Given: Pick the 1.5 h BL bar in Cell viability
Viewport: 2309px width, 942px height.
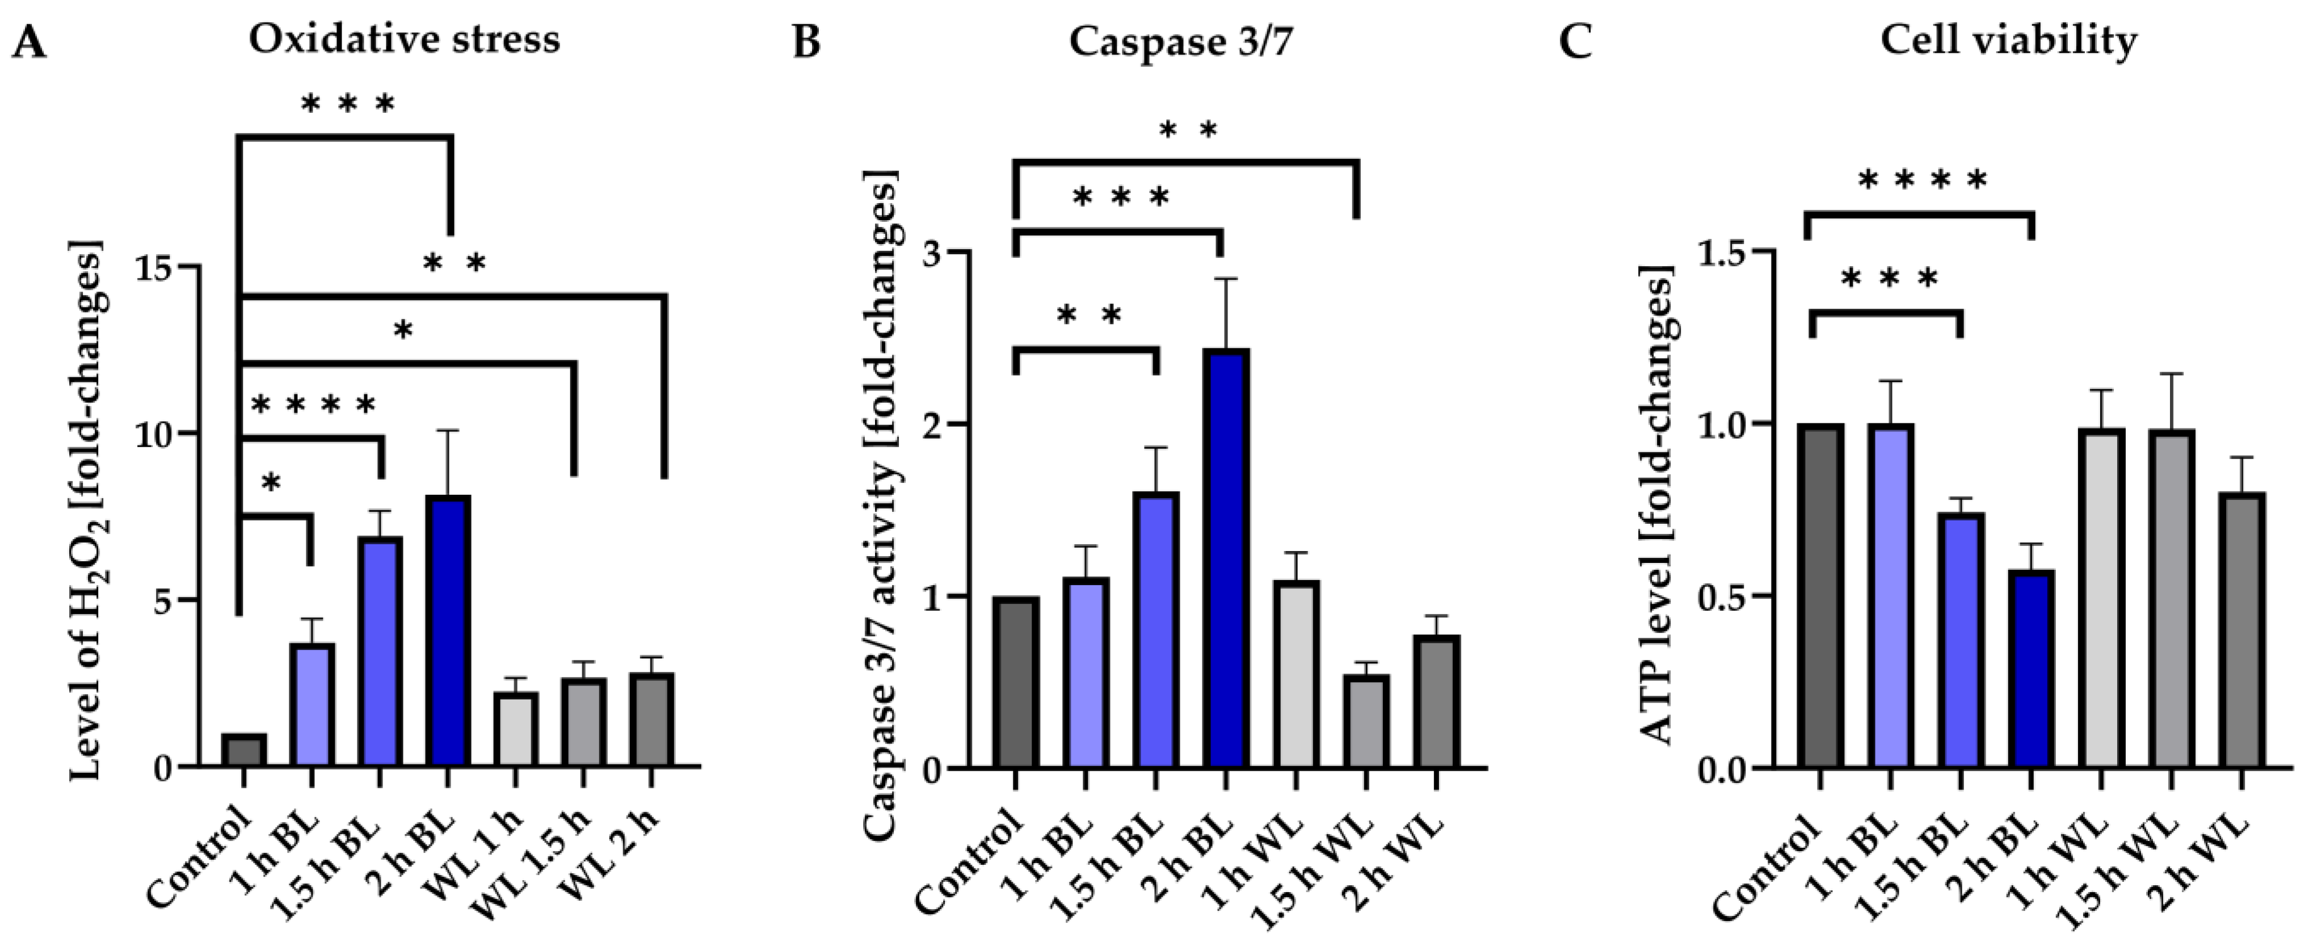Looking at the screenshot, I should coord(1961,640).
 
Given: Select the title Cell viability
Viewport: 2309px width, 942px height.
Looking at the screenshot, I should coord(2007,40).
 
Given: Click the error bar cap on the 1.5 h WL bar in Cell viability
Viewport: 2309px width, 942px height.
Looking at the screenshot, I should coord(2169,375).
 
